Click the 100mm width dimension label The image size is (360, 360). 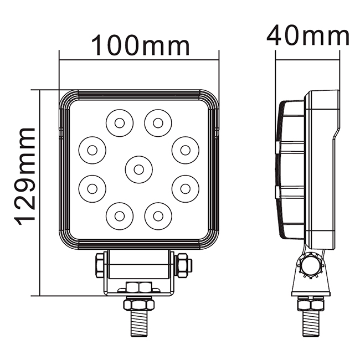(x=141, y=45)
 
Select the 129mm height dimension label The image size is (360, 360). (x=24, y=176)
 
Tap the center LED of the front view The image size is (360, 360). (x=138, y=169)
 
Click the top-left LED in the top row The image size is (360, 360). (x=120, y=123)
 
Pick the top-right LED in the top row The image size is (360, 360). (x=158, y=123)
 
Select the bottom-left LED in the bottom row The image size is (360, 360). (x=120, y=216)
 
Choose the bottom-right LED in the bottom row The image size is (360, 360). (x=158, y=216)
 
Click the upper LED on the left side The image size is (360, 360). (x=92, y=150)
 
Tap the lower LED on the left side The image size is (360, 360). (x=92, y=189)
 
